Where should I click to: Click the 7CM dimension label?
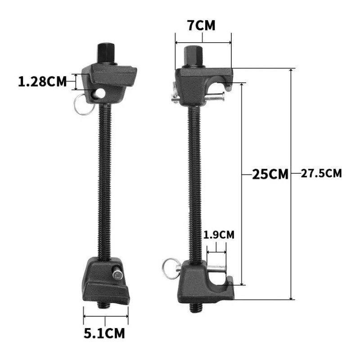pyautogui.click(x=202, y=26)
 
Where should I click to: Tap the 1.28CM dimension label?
pyautogui.click(x=42, y=82)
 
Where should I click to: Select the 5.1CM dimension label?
pyautogui.click(x=104, y=333)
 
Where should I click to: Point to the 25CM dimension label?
pyautogui.click(x=270, y=174)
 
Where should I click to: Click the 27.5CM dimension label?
pyautogui.click(x=321, y=173)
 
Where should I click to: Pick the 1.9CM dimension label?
pyautogui.click(x=219, y=235)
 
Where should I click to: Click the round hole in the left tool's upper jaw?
pyautogui.click(x=100, y=93)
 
